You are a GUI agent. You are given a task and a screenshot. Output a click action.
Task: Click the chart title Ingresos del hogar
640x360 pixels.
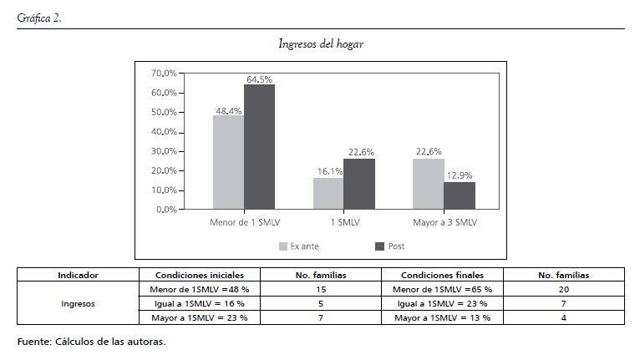(x=320, y=44)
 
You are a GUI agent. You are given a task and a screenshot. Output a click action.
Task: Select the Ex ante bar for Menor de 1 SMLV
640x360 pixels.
(x=228, y=162)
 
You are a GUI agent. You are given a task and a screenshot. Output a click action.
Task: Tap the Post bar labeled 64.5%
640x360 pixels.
(x=259, y=146)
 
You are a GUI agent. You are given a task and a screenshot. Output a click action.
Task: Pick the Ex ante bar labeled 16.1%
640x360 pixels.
(x=328, y=193)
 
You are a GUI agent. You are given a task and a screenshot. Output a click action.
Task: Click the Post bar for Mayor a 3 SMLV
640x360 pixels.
(x=459, y=195)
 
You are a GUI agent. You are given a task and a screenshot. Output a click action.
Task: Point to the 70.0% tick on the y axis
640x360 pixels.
(x=165, y=74)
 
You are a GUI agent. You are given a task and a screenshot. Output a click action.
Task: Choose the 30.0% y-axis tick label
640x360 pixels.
(x=165, y=151)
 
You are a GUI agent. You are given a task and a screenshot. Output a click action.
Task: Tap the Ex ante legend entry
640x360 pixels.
(x=298, y=246)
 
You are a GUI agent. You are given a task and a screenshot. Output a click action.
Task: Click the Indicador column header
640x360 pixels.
(x=78, y=274)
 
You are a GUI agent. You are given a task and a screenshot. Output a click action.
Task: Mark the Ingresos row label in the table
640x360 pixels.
(x=78, y=304)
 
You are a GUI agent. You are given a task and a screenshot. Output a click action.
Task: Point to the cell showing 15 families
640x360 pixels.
(x=322, y=289)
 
